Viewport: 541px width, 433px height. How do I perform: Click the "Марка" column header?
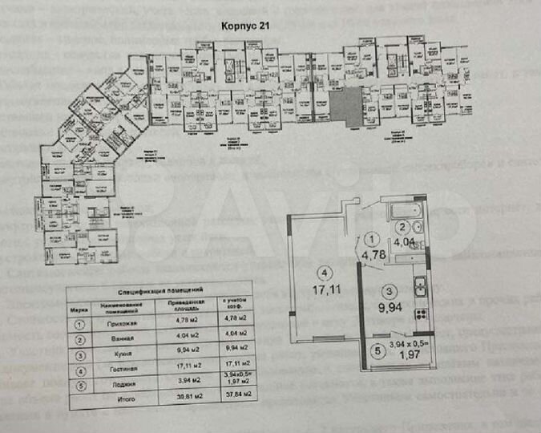click(x=78, y=307)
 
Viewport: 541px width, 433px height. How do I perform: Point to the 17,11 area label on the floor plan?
click(x=322, y=283)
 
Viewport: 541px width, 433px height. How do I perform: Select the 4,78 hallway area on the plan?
click(x=370, y=255)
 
